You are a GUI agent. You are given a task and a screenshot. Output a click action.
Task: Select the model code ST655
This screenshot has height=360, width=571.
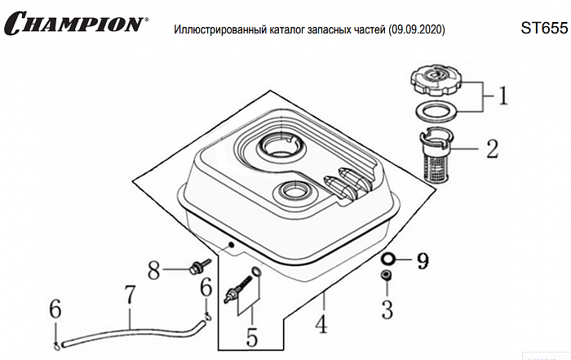(x=542, y=28)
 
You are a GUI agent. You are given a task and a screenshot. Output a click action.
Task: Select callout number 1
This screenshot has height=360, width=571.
(x=503, y=97)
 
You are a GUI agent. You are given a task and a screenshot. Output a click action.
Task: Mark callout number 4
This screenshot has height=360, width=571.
(x=321, y=324)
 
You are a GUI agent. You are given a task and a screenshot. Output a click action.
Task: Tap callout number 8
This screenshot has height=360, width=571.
(x=153, y=269)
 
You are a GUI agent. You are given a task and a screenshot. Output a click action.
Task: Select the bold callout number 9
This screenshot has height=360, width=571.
(x=422, y=262)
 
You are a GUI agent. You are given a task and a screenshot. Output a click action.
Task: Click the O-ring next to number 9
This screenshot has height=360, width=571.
(x=389, y=260)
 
